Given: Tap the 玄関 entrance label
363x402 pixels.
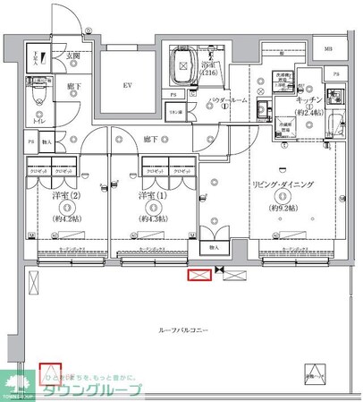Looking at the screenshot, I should point(72,56).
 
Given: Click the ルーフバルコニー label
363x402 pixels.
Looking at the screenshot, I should point(183,331).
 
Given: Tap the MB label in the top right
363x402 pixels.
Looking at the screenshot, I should point(327,49).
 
